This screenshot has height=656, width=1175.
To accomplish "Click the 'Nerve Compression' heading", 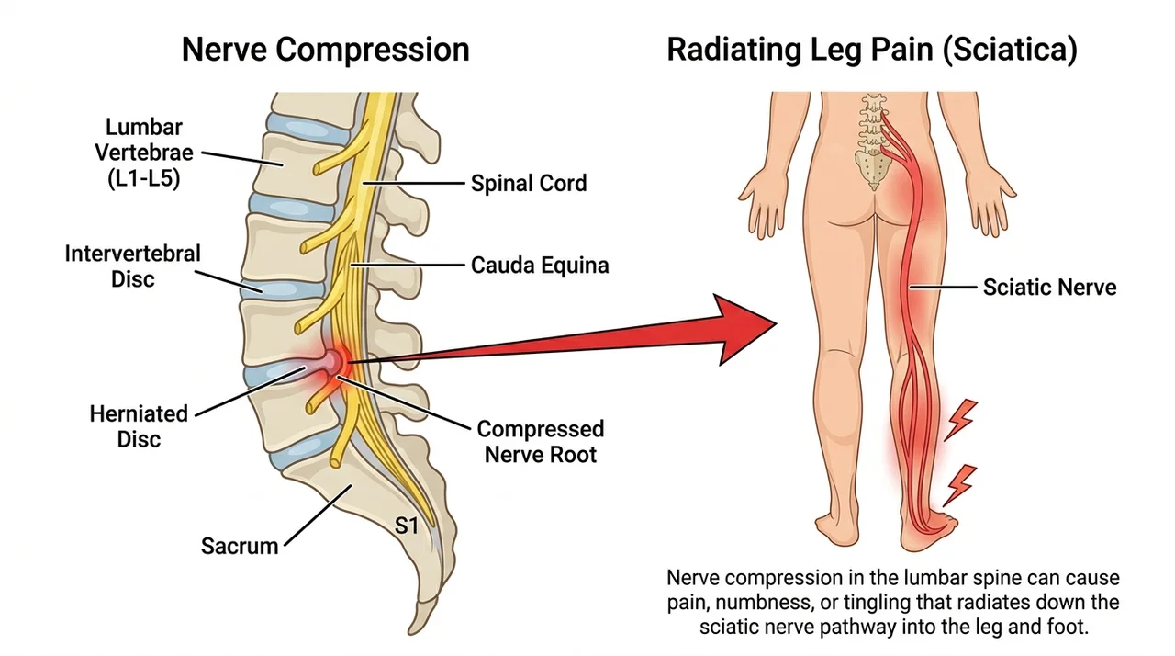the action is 325,50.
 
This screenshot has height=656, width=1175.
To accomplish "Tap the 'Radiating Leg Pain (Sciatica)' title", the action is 872,51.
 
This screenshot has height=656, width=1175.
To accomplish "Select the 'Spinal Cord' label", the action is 529,183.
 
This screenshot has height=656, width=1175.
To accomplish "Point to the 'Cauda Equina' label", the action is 540,265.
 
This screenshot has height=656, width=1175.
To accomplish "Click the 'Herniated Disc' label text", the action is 139,426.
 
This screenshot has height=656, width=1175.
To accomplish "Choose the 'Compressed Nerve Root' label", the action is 541,441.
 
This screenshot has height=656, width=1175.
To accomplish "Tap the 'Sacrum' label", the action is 240,546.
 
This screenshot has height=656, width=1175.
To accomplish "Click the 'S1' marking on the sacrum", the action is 407,526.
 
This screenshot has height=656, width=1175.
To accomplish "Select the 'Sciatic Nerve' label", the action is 1049,287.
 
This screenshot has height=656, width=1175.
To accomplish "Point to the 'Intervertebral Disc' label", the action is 133,266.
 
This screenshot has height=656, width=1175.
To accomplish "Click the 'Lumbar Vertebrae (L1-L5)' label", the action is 144,153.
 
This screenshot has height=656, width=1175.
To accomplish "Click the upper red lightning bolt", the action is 960,420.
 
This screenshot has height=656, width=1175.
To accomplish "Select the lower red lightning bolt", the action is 959,485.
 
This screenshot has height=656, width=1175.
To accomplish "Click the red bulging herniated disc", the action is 333,361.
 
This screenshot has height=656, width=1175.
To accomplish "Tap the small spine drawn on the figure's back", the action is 873,141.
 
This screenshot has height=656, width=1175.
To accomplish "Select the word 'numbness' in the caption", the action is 762,603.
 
